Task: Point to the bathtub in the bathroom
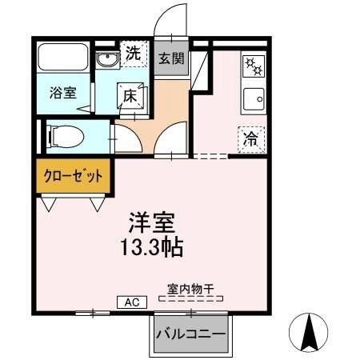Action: point(63,58)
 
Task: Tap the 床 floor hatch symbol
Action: point(130,94)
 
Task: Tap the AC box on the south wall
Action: point(132,302)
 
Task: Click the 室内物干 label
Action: point(193,288)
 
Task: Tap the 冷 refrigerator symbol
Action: point(250,138)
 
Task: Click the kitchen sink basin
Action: point(254,100)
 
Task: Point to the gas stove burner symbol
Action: point(253,66)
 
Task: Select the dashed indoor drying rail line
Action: point(192,298)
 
